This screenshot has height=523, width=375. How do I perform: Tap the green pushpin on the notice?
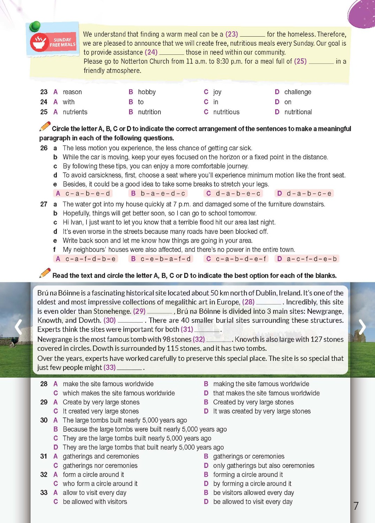click(x=35, y=26)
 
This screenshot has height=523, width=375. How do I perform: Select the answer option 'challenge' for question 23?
click(x=297, y=92)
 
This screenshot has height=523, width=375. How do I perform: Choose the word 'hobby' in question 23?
click(x=147, y=92)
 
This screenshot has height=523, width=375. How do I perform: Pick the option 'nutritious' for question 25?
click(x=226, y=112)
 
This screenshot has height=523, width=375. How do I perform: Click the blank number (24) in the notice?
click(x=151, y=52)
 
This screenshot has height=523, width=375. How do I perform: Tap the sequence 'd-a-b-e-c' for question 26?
click(x=238, y=194)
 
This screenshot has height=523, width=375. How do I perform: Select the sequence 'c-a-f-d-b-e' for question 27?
click(x=90, y=259)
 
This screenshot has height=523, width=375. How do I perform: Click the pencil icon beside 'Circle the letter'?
click(x=45, y=127)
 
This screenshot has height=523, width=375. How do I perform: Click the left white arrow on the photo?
click(x=18, y=327)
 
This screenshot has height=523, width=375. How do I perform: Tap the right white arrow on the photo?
click(x=362, y=327)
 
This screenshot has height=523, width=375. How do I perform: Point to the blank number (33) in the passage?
click(x=110, y=367)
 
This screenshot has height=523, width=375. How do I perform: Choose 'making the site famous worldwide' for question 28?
click(x=261, y=384)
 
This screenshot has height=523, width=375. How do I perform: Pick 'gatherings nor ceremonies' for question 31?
click(x=100, y=466)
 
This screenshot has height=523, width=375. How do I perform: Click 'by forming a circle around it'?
click(x=252, y=484)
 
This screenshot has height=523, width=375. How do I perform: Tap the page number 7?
click(x=356, y=506)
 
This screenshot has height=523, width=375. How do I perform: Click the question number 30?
click(x=44, y=420)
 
